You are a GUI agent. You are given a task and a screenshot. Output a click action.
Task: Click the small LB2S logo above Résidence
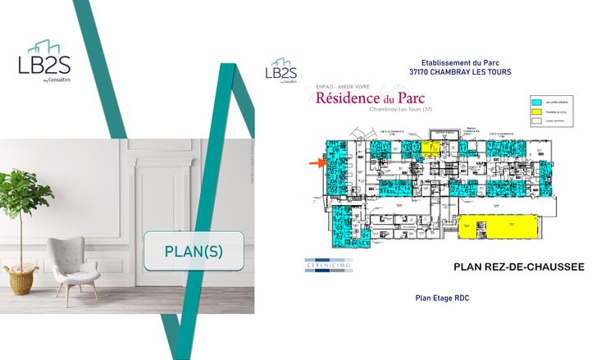281,70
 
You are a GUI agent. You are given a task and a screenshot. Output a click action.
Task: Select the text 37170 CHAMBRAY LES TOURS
460,73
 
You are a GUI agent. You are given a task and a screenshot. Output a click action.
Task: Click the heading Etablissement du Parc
460,62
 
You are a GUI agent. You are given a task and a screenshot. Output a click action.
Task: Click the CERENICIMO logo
328,264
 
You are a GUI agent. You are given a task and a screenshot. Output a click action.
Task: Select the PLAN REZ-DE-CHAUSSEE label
518,267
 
